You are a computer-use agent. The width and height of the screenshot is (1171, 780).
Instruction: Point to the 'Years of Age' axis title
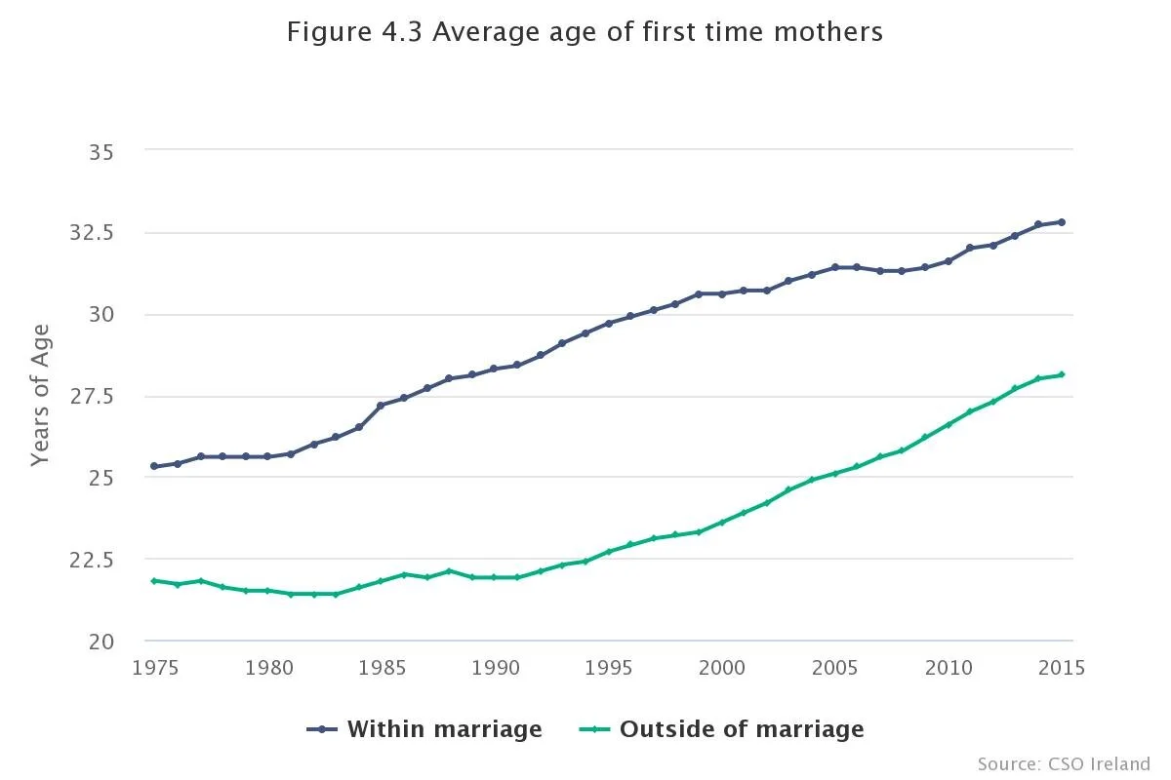(x=39, y=395)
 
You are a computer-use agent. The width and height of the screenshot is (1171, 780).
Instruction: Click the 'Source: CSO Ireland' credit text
(x=1064, y=763)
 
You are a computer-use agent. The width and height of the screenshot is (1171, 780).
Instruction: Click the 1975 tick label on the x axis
(x=155, y=668)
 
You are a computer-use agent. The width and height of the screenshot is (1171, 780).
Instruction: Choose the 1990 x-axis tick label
(x=495, y=668)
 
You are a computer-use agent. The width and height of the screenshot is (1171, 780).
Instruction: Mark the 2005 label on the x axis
(x=835, y=668)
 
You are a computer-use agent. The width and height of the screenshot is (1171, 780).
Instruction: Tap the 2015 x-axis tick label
(x=1061, y=668)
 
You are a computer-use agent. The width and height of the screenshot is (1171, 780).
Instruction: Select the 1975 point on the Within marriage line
(x=154, y=466)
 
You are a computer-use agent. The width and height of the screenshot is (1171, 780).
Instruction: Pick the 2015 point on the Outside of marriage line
(x=1062, y=374)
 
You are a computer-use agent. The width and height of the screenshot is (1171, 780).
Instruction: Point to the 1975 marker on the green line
(x=154, y=581)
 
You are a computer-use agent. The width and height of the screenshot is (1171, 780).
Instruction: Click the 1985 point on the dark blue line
(x=381, y=405)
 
